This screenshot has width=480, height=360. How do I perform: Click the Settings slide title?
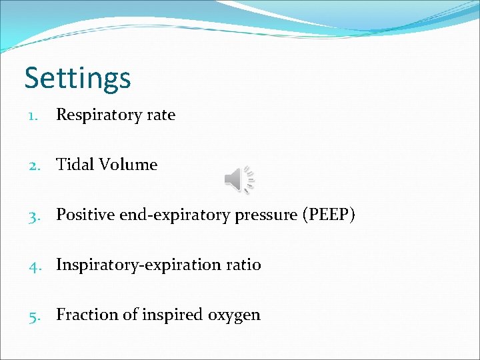(x=77, y=78)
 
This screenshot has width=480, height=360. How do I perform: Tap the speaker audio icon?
(x=238, y=180)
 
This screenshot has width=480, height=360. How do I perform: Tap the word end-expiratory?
(x=163, y=215)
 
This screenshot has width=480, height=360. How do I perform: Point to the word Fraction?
(x=83, y=315)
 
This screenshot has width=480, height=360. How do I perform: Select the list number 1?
(x=33, y=115)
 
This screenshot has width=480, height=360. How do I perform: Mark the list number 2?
(x=33, y=165)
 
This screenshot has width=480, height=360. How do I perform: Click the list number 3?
(x=33, y=215)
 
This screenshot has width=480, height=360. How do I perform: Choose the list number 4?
(x=33, y=265)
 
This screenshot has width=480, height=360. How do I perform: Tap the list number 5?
(x=33, y=315)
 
